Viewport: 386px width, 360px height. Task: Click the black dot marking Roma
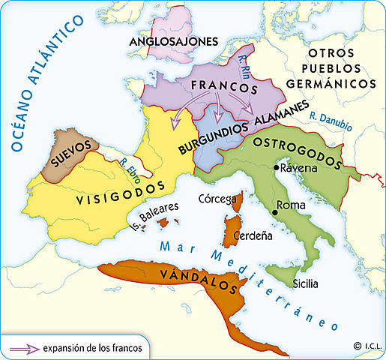point(275,214)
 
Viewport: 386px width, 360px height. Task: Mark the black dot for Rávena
point(276,168)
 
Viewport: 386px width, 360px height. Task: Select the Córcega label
point(218,199)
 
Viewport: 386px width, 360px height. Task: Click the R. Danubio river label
point(329,122)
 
